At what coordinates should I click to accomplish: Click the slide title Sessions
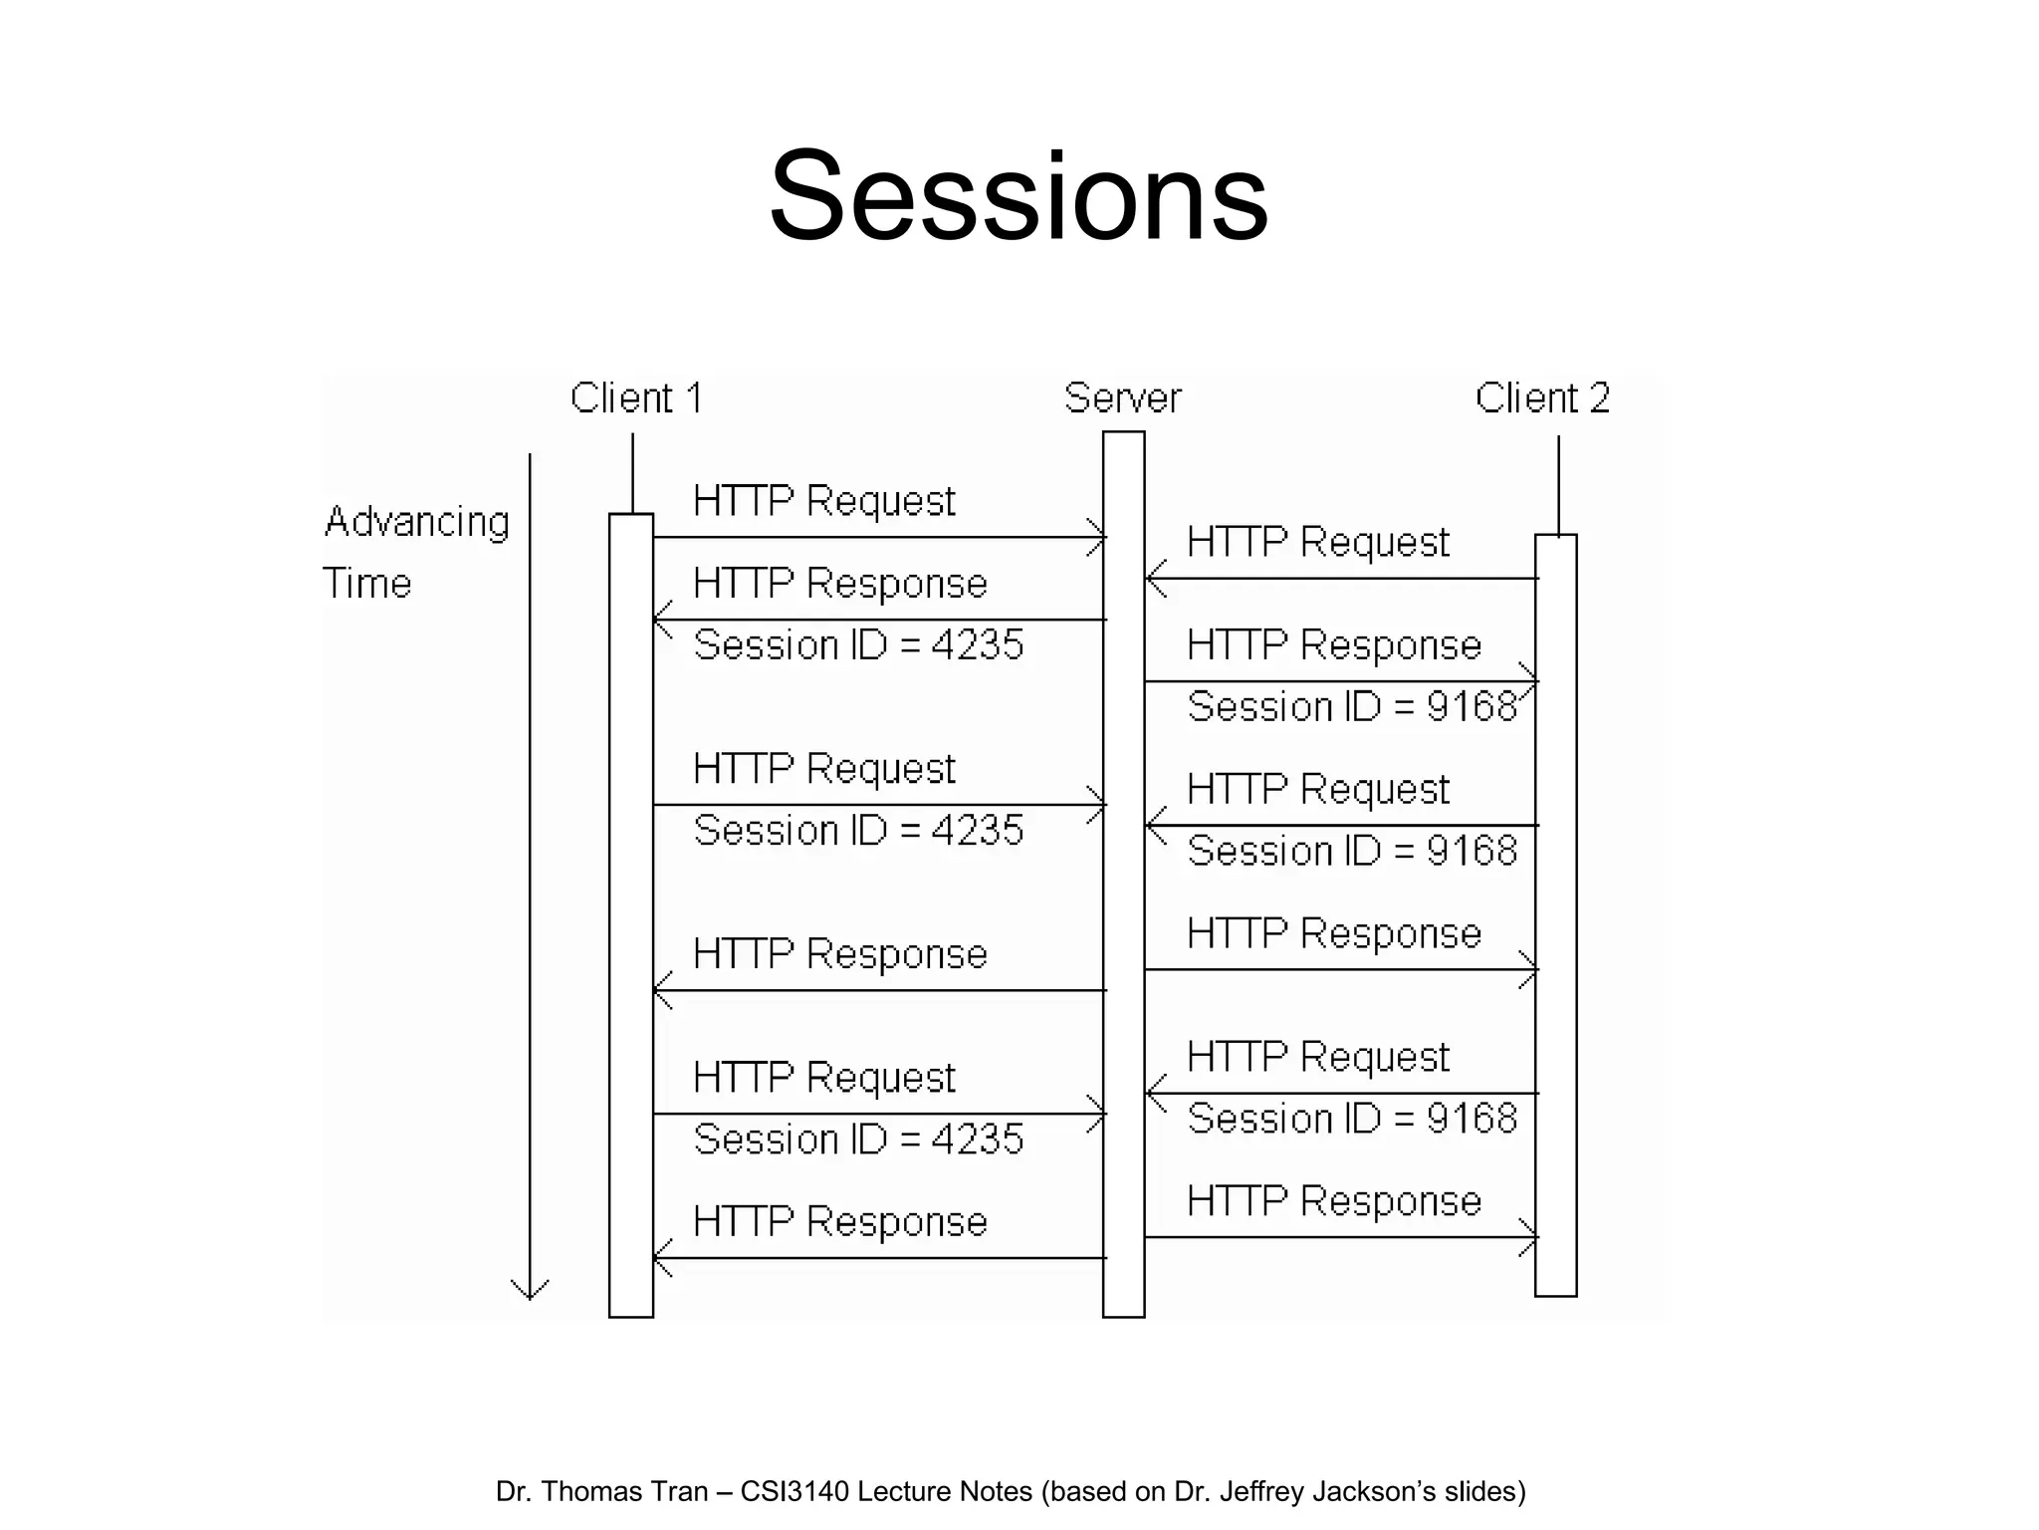[1019, 196]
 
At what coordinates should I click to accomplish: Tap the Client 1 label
[637, 398]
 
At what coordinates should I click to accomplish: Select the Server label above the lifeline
[1122, 398]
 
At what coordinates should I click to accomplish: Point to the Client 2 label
[1542, 398]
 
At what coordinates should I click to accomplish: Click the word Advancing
[417, 522]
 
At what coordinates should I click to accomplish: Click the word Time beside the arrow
[367, 584]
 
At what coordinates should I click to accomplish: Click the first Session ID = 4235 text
[858, 645]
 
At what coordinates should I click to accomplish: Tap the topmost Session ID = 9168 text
[1352, 707]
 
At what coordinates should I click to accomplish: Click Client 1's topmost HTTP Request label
[824, 501]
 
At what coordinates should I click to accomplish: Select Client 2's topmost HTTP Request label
[1318, 543]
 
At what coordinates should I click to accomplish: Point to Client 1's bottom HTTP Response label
[840, 1222]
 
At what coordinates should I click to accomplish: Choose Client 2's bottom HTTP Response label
[1334, 1201]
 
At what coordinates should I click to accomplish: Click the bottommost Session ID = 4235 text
[858, 1140]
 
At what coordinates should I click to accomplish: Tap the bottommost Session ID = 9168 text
[1352, 1119]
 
